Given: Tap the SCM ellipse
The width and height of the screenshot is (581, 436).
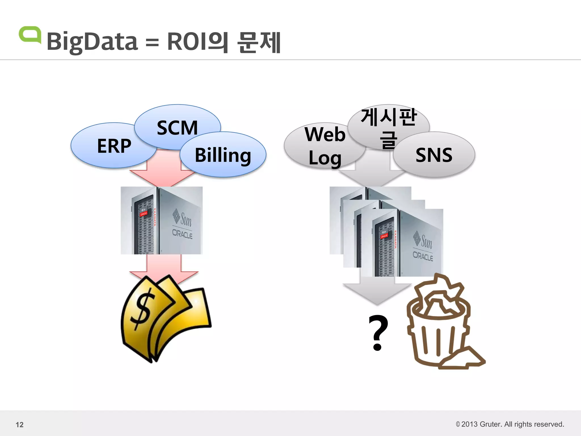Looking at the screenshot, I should pyautogui.click(x=177, y=125).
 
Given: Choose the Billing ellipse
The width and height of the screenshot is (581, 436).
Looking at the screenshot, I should pyautogui.click(x=223, y=155).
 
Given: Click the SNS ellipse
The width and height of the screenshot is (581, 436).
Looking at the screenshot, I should pyautogui.click(x=434, y=155).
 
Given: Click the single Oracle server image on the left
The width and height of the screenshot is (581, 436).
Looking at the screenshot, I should pyautogui.click(x=161, y=220).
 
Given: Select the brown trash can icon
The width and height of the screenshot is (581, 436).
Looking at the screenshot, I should pyautogui.click(x=443, y=324).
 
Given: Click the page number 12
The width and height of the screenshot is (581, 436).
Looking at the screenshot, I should pyautogui.click(x=20, y=425).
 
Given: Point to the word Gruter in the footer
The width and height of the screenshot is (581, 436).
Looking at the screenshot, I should pyautogui.click(x=491, y=424).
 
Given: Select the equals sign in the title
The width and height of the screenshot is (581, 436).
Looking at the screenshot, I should pyautogui.click(x=152, y=43).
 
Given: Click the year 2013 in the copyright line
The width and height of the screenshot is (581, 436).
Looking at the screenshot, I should pyautogui.click(x=470, y=424).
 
